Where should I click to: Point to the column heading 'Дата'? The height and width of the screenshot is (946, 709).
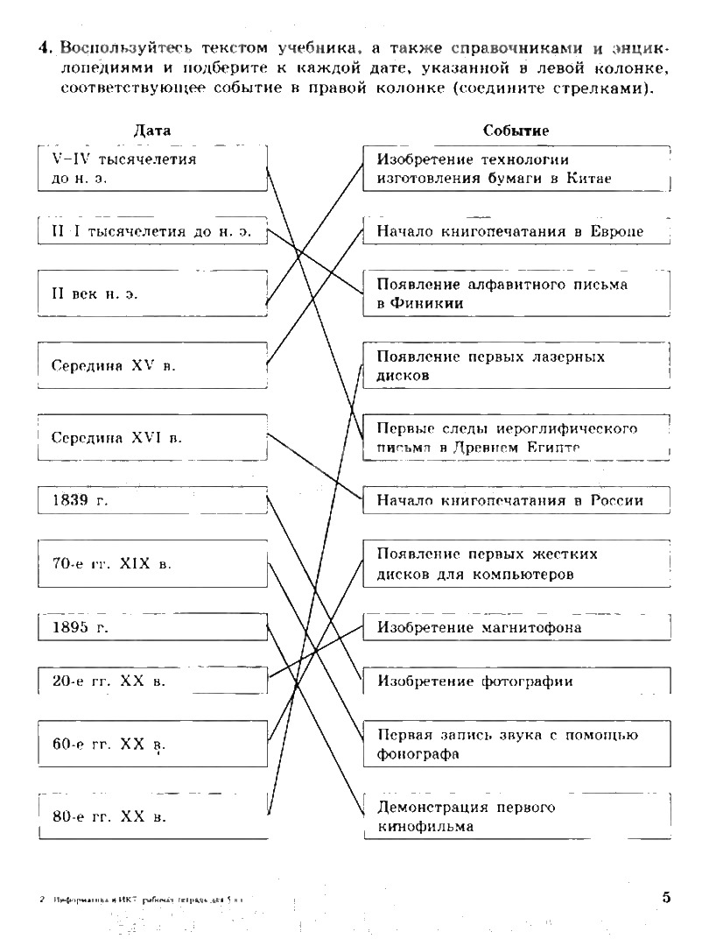pyautogui.click(x=151, y=130)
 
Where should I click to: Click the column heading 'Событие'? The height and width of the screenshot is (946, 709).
pyautogui.click(x=516, y=130)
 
